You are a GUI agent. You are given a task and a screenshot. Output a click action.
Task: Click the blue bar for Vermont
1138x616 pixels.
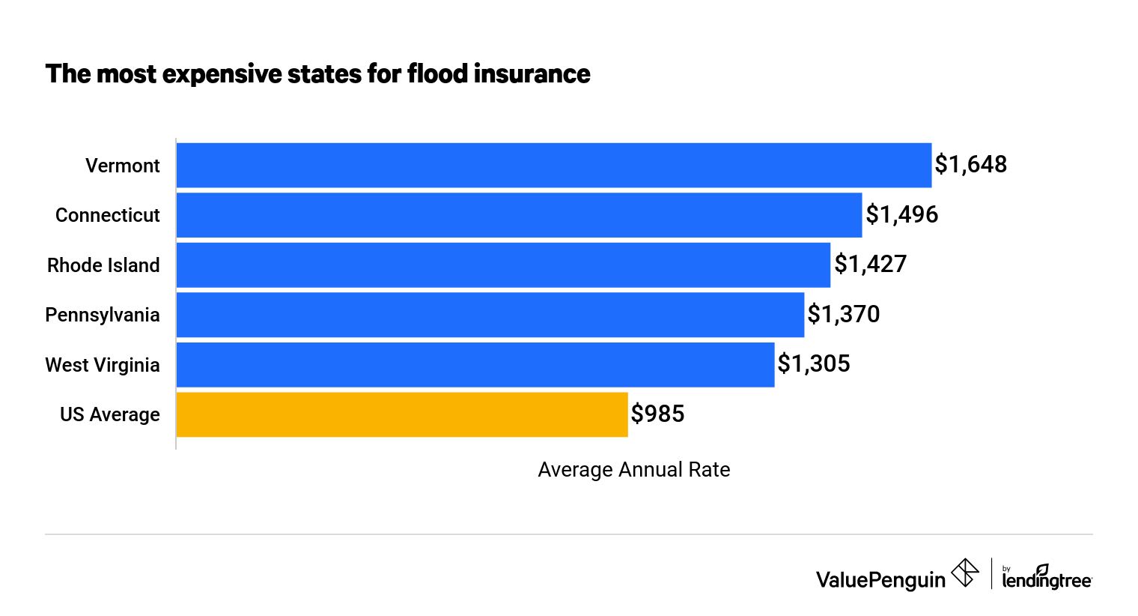[554, 165]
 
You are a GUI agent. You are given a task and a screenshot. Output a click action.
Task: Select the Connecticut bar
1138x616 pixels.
[519, 215]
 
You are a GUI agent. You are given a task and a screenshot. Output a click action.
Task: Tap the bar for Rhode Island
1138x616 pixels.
[503, 265]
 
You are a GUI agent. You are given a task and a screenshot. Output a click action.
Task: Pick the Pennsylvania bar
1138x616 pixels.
[490, 315]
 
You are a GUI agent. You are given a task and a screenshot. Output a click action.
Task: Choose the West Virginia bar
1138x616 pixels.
[475, 365]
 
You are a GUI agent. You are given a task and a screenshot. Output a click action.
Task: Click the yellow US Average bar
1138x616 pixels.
[402, 414]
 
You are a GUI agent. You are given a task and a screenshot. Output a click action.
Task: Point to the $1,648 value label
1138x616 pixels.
[971, 165]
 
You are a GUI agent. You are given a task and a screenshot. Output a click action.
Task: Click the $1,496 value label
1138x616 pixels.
[901, 215]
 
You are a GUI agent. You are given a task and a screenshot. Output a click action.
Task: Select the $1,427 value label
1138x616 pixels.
[870, 265]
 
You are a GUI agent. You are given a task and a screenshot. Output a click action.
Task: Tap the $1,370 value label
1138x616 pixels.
[844, 315]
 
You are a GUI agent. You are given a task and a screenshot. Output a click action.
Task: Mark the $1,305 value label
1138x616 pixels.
[814, 364]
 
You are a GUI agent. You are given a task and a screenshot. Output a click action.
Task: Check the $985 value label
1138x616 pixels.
[657, 414]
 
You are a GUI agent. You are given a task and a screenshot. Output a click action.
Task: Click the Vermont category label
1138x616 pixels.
[122, 166]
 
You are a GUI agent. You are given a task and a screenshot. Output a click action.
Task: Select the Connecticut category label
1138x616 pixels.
[107, 216]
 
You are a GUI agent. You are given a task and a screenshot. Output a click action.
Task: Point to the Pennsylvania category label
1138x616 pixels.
[103, 315]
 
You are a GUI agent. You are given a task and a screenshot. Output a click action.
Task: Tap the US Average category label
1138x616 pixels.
[109, 415]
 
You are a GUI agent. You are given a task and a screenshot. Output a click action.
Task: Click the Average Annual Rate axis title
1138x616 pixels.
[633, 470]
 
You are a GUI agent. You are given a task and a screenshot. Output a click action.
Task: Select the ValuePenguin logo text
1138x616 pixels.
[880, 580]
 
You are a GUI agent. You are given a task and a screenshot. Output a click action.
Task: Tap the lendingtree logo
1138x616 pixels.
[1046, 578]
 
